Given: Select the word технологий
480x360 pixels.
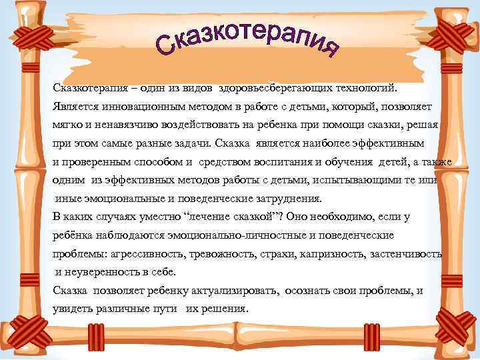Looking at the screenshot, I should click(364, 87).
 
